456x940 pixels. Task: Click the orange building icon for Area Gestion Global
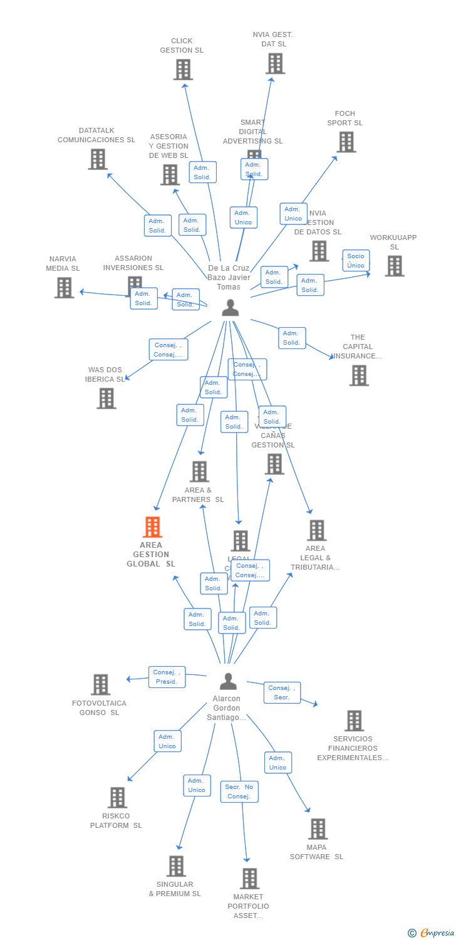point(152,527)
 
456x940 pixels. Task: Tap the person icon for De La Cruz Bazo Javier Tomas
point(231,307)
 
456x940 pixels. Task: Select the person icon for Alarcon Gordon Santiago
point(229,681)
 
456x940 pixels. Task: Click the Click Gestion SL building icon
point(183,70)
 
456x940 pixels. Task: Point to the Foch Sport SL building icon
point(346,142)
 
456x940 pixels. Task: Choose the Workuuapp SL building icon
point(394,266)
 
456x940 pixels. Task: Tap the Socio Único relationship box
point(356,260)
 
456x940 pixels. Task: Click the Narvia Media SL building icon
point(64,287)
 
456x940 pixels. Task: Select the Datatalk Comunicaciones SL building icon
point(98,159)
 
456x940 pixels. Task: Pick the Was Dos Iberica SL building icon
point(106,398)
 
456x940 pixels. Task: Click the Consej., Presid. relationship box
point(167,677)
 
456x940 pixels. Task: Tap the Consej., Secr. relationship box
point(282,692)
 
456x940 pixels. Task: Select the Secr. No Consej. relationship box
point(239,791)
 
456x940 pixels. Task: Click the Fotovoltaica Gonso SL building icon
point(100,684)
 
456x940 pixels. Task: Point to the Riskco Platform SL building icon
point(117,798)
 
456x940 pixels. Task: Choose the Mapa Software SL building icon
point(318,828)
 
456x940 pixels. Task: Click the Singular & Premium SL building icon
point(176,866)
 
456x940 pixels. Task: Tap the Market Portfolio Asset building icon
point(249,878)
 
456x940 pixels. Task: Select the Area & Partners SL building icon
point(199,471)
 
